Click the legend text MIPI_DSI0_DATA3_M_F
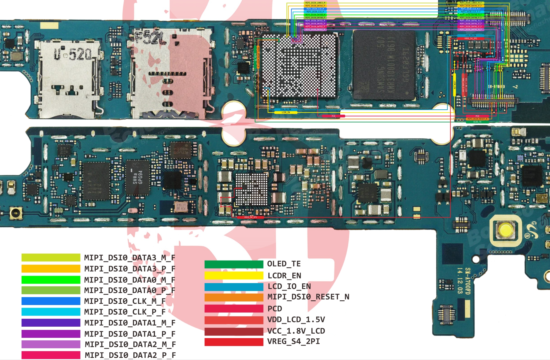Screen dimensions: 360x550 coord(130,258)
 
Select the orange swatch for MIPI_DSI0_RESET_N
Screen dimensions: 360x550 coord(234,297)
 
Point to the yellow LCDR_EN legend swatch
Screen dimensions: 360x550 coord(234,275)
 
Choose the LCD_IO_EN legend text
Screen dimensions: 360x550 coord(289,286)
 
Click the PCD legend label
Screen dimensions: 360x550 coord(275,309)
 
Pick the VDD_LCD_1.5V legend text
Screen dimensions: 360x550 coord(296,320)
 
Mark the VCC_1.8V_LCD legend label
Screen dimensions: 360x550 coord(296,331)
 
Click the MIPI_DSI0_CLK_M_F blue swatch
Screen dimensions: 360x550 coord(51,301)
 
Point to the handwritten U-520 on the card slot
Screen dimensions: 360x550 coord(73,54)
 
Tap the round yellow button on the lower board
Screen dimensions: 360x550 coord(505,230)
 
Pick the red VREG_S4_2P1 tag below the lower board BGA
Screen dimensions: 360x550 coord(250,217)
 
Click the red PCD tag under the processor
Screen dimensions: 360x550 coord(333,116)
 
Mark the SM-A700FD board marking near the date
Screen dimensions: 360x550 coord(467,281)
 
